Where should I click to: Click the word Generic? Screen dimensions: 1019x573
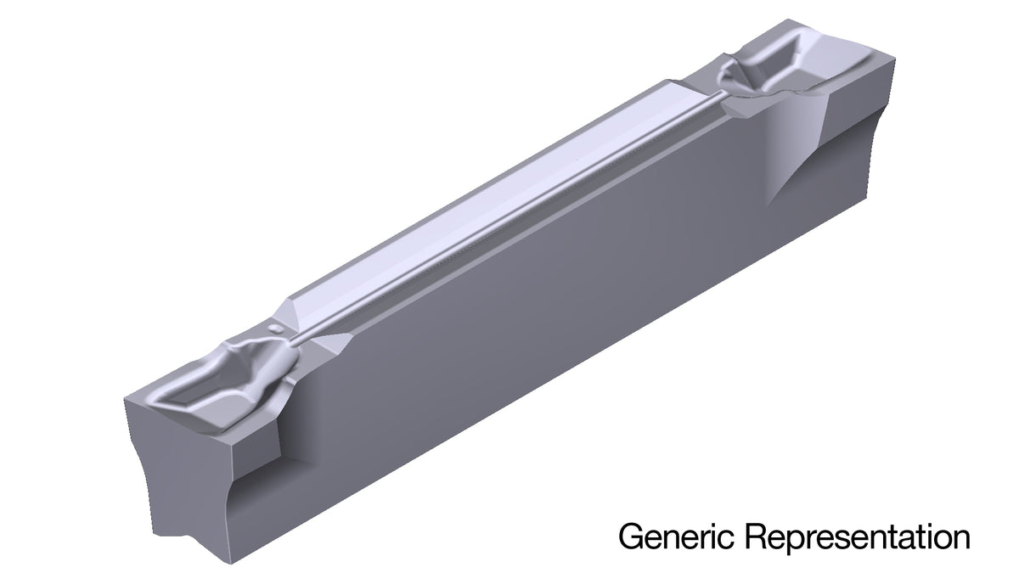click(677, 536)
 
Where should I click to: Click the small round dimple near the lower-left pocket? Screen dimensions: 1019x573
click(275, 329)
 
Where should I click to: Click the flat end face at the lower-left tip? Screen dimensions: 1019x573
click(182, 477)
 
